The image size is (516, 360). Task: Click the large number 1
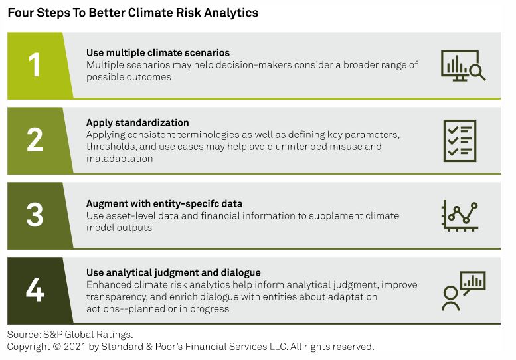tap(35, 65)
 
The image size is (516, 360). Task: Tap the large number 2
tap(35, 140)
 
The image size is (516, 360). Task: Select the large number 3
tap(35, 215)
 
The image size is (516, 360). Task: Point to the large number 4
tap(35, 290)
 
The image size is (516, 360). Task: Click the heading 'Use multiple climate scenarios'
tap(158, 53)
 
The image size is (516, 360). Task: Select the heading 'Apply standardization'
tap(137, 122)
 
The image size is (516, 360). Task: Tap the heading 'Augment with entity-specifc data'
tap(164, 204)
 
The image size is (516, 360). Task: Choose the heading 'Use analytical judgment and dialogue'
tap(173, 273)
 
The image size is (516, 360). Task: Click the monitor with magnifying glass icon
tap(463, 66)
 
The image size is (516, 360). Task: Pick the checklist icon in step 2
tap(460, 141)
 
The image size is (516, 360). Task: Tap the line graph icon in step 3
tap(460, 216)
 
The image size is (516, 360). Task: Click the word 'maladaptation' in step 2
tap(120, 159)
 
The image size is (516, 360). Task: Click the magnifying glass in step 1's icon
tap(477, 72)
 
